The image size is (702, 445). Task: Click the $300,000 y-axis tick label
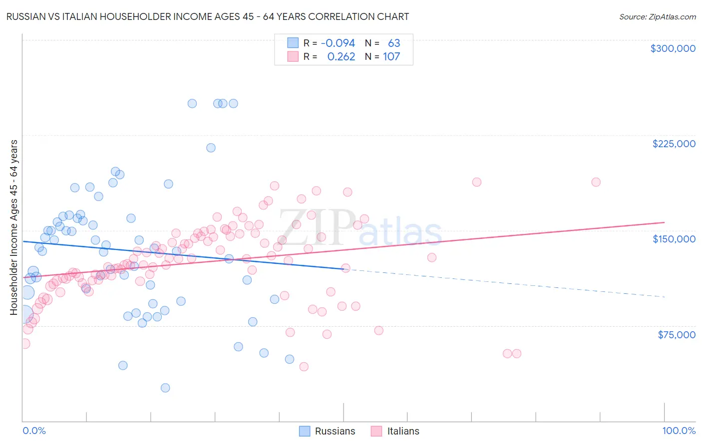[673, 48]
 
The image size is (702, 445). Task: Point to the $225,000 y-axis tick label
[674, 144]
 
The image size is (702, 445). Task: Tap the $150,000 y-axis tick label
[674, 239]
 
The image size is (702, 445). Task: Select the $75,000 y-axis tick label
[676, 335]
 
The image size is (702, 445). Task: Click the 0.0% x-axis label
[34, 431]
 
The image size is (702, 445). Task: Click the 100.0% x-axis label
[679, 431]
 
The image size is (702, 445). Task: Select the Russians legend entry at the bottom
[327, 431]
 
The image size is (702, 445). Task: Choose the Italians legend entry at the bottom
[395, 431]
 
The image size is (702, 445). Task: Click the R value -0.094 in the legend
[338, 43]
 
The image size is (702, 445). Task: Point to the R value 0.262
[341, 56]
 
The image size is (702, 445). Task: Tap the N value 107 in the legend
[391, 56]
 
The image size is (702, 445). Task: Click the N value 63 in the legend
[394, 43]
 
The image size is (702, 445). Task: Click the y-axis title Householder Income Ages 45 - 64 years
[14, 227]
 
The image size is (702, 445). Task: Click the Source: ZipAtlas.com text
[657, 16]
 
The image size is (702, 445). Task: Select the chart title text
[208, 16]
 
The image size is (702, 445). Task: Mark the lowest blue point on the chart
[165, 388]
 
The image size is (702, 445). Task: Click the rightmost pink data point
[596, 182]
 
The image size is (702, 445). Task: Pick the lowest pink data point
[304, 367]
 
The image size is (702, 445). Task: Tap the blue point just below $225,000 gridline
[211, 148]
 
